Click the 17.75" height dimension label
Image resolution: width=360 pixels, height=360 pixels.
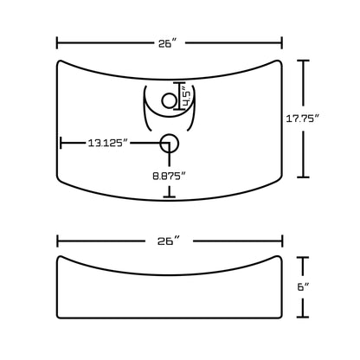[x=303, y=119]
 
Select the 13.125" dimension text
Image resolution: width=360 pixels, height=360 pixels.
[x=108, y=143]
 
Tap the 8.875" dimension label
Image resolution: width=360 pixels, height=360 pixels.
[x=169, y=176]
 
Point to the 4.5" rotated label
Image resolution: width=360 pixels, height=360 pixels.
[x=187, y=99]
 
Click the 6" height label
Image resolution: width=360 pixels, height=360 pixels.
[x=303, y=287]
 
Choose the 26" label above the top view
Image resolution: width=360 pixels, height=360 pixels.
[x=168, y=43]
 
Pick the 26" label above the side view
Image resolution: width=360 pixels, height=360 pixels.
[x=169, y=241]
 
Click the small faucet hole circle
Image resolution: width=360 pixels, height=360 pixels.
[x=169, y=101]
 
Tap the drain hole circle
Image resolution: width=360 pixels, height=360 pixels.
[x=170, y=144]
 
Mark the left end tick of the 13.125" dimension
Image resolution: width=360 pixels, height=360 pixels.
[x=61, y=143]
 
